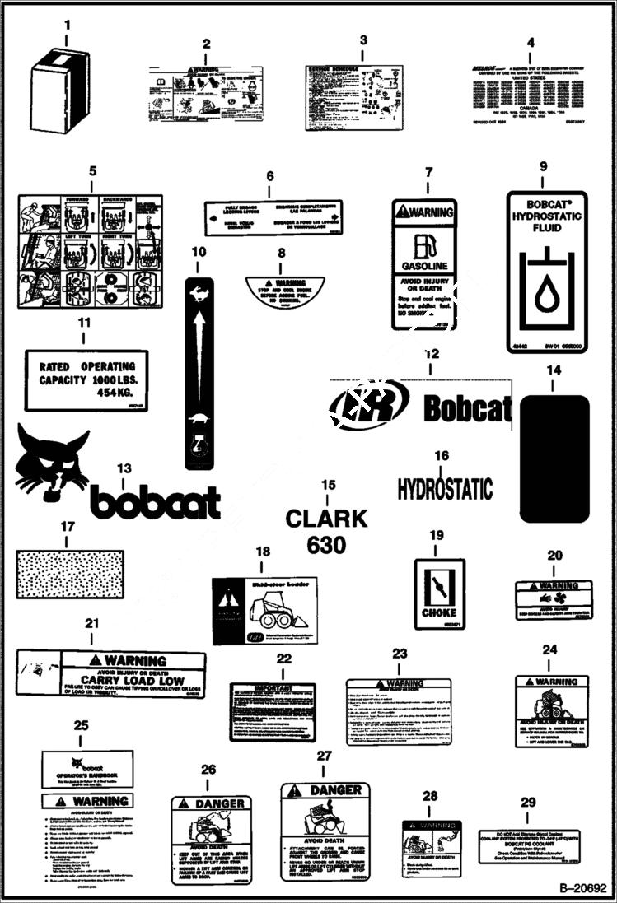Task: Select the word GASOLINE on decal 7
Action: pos(424,266)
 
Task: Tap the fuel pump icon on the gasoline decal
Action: pos(424,244)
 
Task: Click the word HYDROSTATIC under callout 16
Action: pos(445,488)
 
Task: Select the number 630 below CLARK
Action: pos(327,545)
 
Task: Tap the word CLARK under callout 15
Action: pos(327,518)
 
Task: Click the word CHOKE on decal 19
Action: pos(439,612)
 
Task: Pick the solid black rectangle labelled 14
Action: pos(554,458)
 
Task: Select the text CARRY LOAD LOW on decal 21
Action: pos(133,682)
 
